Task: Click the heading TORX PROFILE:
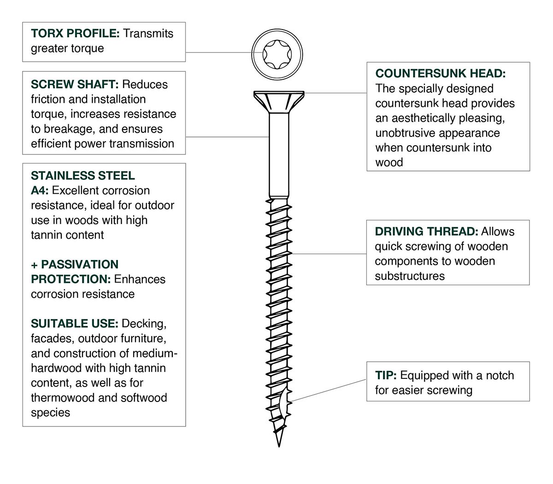[x=75, y=34]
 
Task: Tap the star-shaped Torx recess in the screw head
[x=277, y=54]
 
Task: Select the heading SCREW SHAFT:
[x=75, y=84]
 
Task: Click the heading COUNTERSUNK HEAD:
[x=440, y=73]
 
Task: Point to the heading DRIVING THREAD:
[x=426, y=231]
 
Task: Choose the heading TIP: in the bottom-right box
[x=386, y=375]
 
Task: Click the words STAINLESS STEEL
[x=82, y=176]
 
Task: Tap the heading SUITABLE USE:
[x=74, y=324]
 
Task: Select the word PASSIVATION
[x=80, y=265]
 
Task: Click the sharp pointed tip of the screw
[x=279, y=447]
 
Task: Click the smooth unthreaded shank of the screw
[x=279, y=155]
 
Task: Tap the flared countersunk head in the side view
[x=279, y=102]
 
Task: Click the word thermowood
[x=63, y=398]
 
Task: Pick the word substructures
[x=410, y=276]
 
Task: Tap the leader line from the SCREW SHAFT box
[x=227, y=137]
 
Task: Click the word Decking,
[x=144, y=324]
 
